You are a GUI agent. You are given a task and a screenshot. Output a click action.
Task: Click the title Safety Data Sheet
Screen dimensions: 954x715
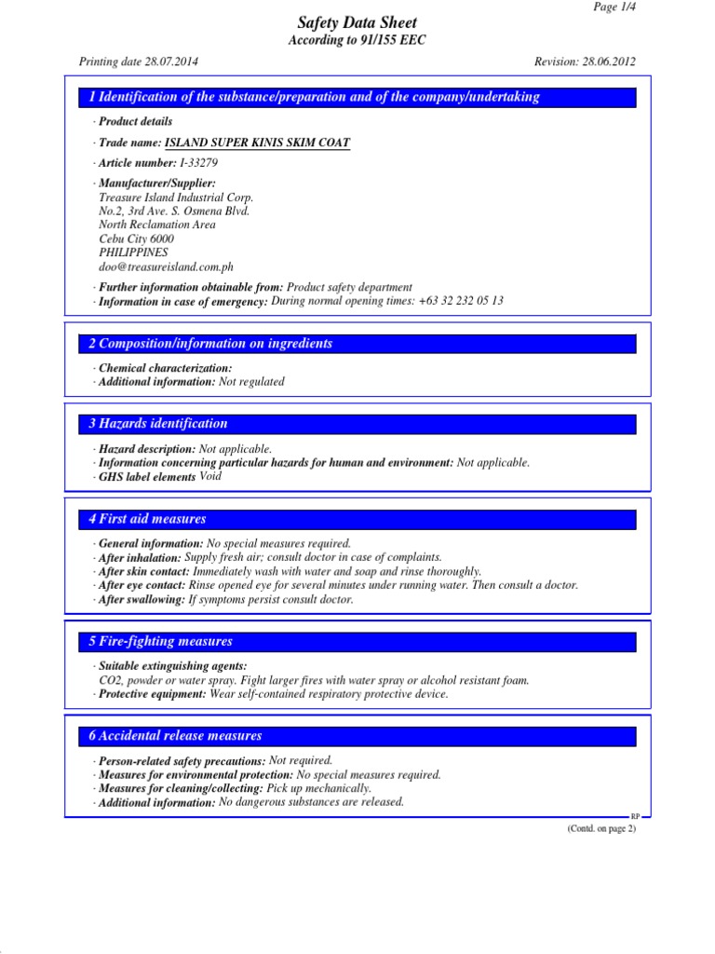[x=357, y=23]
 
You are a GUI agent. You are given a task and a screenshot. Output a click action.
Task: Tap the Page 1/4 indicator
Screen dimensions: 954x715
[x=615, y=7]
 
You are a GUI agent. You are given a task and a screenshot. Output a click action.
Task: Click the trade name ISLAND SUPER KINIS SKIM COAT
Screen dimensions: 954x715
[x=257, y=143]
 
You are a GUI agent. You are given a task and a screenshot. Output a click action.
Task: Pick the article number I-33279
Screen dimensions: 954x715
[x=198, y=163]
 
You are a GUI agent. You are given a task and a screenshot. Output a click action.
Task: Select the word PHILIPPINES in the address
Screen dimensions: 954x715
[x=133, y=252]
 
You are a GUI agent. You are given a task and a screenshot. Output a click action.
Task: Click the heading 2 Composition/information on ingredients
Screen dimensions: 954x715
[x=210, y=344]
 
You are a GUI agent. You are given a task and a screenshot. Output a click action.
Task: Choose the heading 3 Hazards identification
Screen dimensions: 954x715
[x=158, y=423]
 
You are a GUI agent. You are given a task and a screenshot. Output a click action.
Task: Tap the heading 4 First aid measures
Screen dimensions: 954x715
[x=147, y=519]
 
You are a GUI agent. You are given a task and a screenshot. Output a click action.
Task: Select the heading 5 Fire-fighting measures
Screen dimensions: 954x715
[x=160, y=641]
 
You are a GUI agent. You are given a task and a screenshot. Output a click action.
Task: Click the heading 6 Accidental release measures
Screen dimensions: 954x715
[x=175, y=735]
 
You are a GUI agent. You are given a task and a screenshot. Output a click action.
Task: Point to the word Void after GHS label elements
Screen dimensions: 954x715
[x=210, y=476]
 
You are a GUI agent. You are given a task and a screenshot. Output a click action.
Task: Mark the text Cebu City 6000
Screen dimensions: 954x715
[x=136, y=238]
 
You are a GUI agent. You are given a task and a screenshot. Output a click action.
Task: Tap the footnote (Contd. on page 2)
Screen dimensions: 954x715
[x=601, y=828]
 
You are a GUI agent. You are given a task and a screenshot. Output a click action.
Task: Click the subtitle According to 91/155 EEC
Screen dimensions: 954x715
[x=357, y=41]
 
